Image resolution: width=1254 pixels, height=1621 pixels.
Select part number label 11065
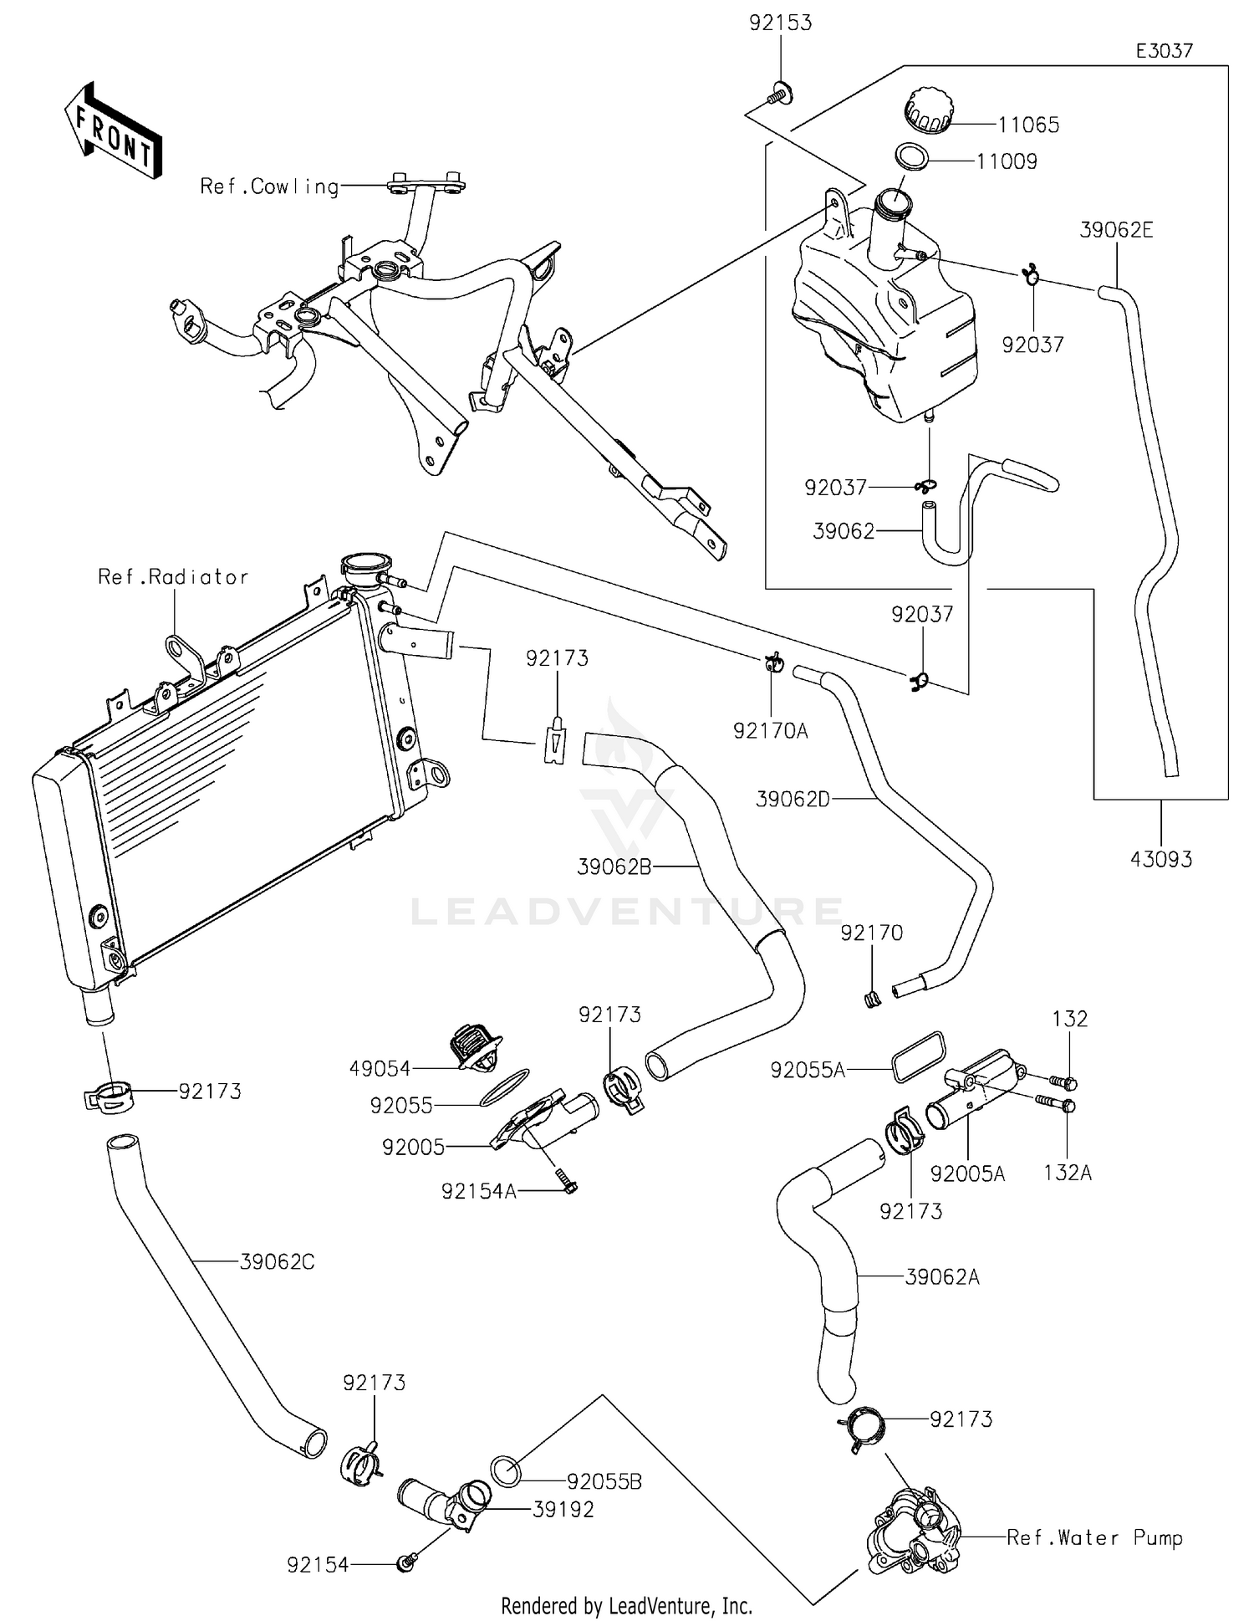coord(1028,125)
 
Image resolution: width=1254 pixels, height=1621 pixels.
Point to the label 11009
coord(1007,161)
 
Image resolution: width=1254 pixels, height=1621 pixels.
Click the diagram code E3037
coord(1164,51)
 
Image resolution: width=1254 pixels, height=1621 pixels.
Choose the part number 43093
coord(1161,859)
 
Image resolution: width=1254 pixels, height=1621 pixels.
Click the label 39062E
coord(1116,230)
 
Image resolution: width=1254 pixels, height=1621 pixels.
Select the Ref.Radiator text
coord(173,577)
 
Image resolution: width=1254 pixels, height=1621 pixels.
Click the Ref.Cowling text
coord(269,187)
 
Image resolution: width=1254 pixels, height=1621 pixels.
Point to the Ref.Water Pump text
coord(1094,1537)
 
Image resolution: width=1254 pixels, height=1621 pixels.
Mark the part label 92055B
coord(604,1481)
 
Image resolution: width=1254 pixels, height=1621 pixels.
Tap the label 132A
coord(1068,1173)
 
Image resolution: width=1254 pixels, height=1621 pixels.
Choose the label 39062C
coord(277,1261)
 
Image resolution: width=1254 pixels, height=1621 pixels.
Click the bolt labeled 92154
coord(407,1561)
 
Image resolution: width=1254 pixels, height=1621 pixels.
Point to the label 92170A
coord(771,731)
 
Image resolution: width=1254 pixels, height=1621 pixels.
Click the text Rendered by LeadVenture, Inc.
coord(626,1606)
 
